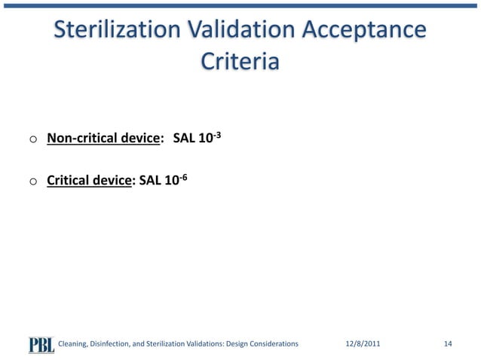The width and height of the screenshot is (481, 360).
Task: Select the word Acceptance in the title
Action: click(x=364, y=30)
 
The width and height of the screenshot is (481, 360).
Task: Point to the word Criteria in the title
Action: click(x=240, y=61)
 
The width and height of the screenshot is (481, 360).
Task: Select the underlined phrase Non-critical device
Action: click(x=104, y=139)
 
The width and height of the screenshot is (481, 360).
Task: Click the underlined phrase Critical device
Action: click(x=89, y=181)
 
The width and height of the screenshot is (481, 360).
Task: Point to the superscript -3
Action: click(x=216, y=134)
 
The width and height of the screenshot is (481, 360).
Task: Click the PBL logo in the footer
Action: click(x=41, y=343)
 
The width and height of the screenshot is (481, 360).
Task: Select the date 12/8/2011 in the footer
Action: click(x=363, y=344)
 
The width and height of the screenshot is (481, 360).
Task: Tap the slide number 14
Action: click(x=448, y=344)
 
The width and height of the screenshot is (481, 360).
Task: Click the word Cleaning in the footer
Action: click(x=75, y=344)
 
